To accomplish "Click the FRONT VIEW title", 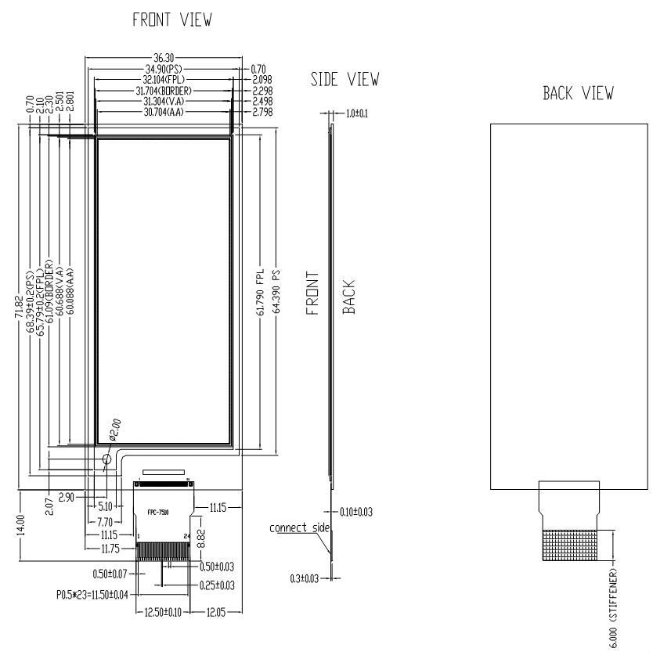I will tap(172, 20).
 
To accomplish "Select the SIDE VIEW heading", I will tap(345, 79).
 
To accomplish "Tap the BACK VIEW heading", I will tap(578, 93).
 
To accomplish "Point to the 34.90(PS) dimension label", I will tap(164, 70).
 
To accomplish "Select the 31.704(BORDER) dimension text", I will tap(164, 91).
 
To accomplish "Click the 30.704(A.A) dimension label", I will tap(164, 112).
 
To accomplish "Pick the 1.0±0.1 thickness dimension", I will tap(356, 113).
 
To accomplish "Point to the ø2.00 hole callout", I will tap(114, 429).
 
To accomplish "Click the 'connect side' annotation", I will tap(300, 528).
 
